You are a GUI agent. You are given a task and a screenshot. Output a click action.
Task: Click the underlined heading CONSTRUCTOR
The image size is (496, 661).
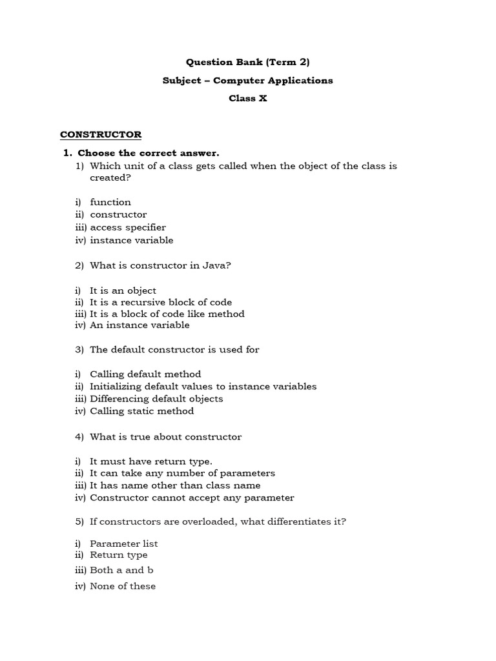click(101, 134)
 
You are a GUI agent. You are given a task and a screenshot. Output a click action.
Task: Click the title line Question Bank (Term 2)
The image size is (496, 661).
click(248, 63)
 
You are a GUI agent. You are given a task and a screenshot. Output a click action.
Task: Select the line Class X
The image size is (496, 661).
click(248, 99)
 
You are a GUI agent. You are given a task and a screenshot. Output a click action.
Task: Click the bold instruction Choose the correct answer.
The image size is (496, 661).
click(149, 153)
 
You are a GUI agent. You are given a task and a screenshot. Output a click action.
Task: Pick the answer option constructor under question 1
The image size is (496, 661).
click(118, 214)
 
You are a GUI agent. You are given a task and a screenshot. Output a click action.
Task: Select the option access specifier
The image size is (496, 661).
click(128, 227)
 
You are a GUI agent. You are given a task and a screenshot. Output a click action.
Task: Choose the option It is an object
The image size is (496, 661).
click(123, 290)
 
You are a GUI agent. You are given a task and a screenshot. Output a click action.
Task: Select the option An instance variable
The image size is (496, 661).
click(139, 325)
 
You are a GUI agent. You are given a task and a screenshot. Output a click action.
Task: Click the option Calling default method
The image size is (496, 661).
click(145, 374)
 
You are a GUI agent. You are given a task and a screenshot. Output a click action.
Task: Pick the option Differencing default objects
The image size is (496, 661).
click(156, 398)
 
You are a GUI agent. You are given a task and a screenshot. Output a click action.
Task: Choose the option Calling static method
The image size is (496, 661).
click(141, 411)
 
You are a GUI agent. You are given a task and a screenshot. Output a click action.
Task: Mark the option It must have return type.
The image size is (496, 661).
click(150, 461)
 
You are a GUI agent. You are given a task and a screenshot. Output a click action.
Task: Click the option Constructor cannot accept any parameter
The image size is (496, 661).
click(192, 498)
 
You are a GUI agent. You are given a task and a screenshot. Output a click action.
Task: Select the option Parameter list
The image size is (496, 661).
click(123, 544)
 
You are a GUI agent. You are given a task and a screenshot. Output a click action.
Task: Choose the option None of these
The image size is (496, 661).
click(123, 586)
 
